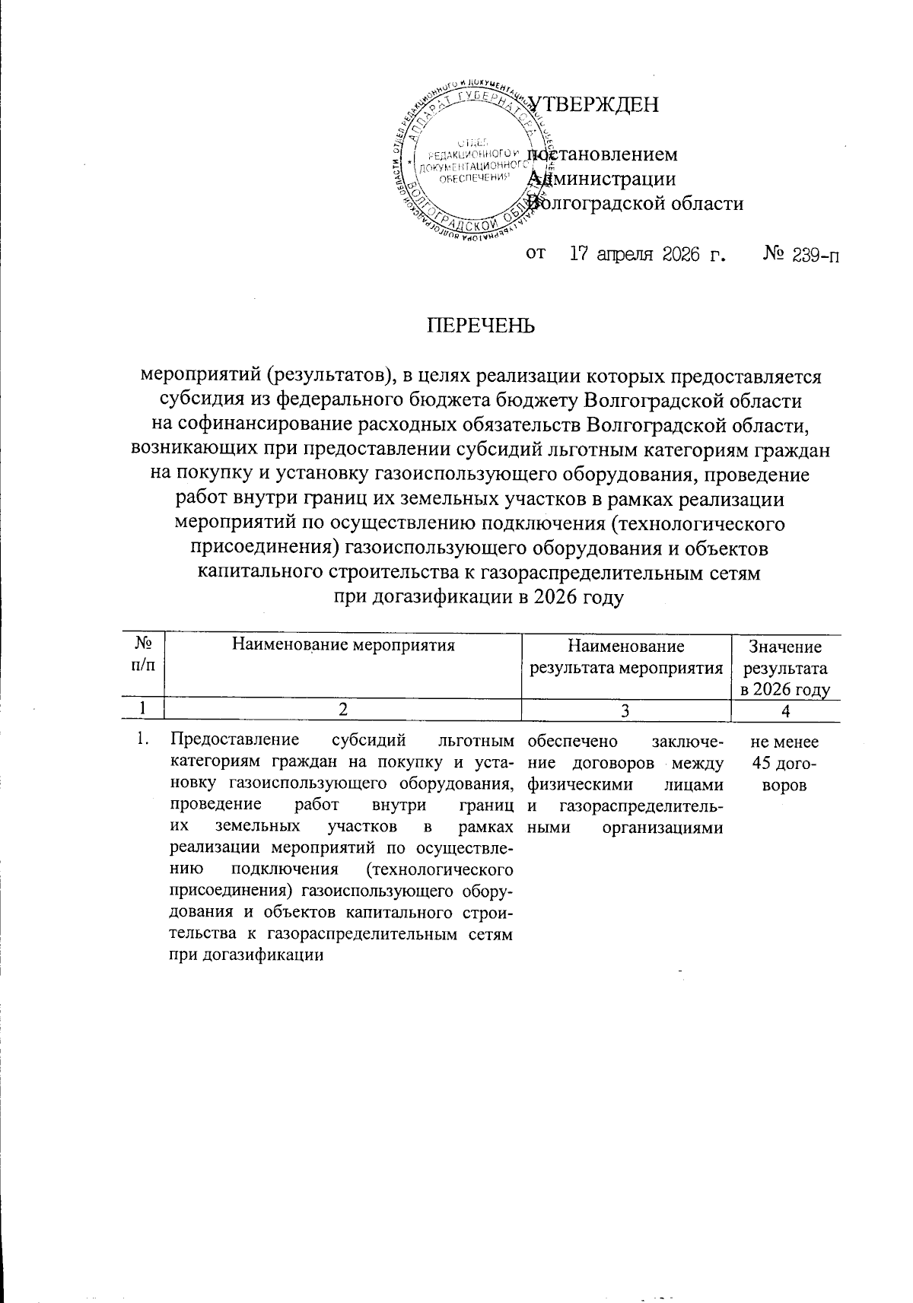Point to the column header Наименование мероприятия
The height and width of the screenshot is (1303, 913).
(x=342, y=647)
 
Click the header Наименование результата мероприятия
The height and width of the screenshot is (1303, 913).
(x=625, y=658)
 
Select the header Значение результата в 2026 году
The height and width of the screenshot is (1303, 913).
(x=786, y=669)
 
